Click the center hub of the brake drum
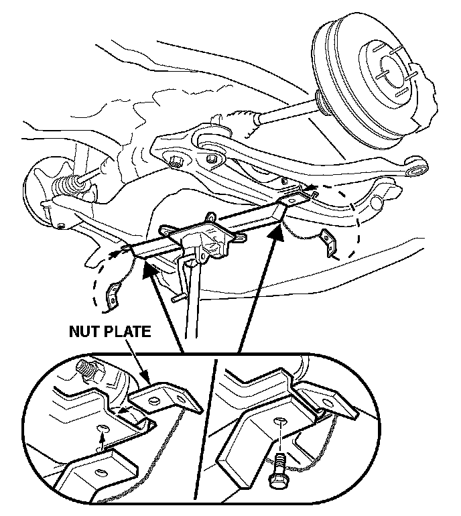tap(388, 68)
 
